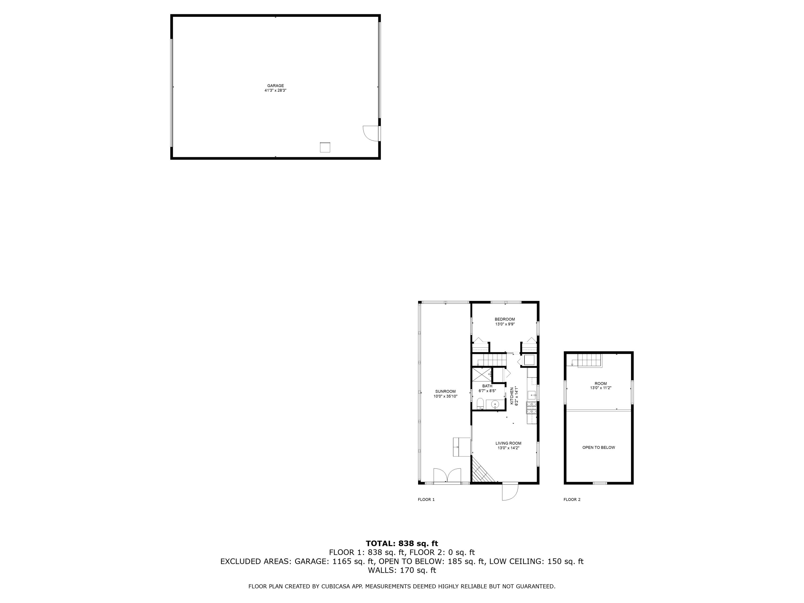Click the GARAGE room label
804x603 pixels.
pos(275,86)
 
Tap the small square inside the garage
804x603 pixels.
pos(325,147)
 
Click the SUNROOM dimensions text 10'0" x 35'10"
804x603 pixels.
pos(445,396)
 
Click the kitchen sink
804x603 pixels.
pos(533,394)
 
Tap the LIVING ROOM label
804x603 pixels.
pos(508,443)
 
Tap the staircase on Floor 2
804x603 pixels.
pos(590,360)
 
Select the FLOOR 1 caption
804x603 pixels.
pos(426,499)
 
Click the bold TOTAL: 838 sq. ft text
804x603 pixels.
pos(402,544)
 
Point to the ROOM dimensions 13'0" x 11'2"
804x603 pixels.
pos(601,388)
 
